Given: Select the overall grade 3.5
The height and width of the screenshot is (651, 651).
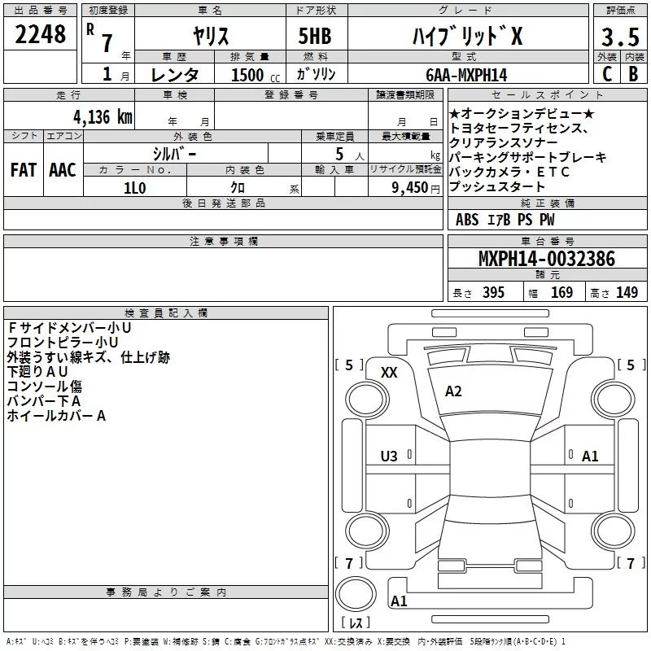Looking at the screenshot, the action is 618,37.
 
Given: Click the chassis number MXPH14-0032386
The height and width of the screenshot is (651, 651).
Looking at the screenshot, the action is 546,259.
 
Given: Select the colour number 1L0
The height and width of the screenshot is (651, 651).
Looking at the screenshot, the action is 134,187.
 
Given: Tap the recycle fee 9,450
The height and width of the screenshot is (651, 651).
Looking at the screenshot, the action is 410,187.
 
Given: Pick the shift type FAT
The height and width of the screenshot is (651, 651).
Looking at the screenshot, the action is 23,170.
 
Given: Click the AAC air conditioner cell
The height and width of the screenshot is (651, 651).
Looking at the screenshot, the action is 62,170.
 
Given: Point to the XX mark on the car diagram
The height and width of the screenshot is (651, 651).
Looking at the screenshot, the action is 389,372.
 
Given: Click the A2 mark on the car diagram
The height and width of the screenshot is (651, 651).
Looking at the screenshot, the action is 453,391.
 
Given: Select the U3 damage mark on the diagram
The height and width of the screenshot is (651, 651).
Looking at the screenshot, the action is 389,457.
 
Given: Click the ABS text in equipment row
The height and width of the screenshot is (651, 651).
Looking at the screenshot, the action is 467,220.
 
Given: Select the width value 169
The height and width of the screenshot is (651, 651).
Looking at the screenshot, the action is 561,292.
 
